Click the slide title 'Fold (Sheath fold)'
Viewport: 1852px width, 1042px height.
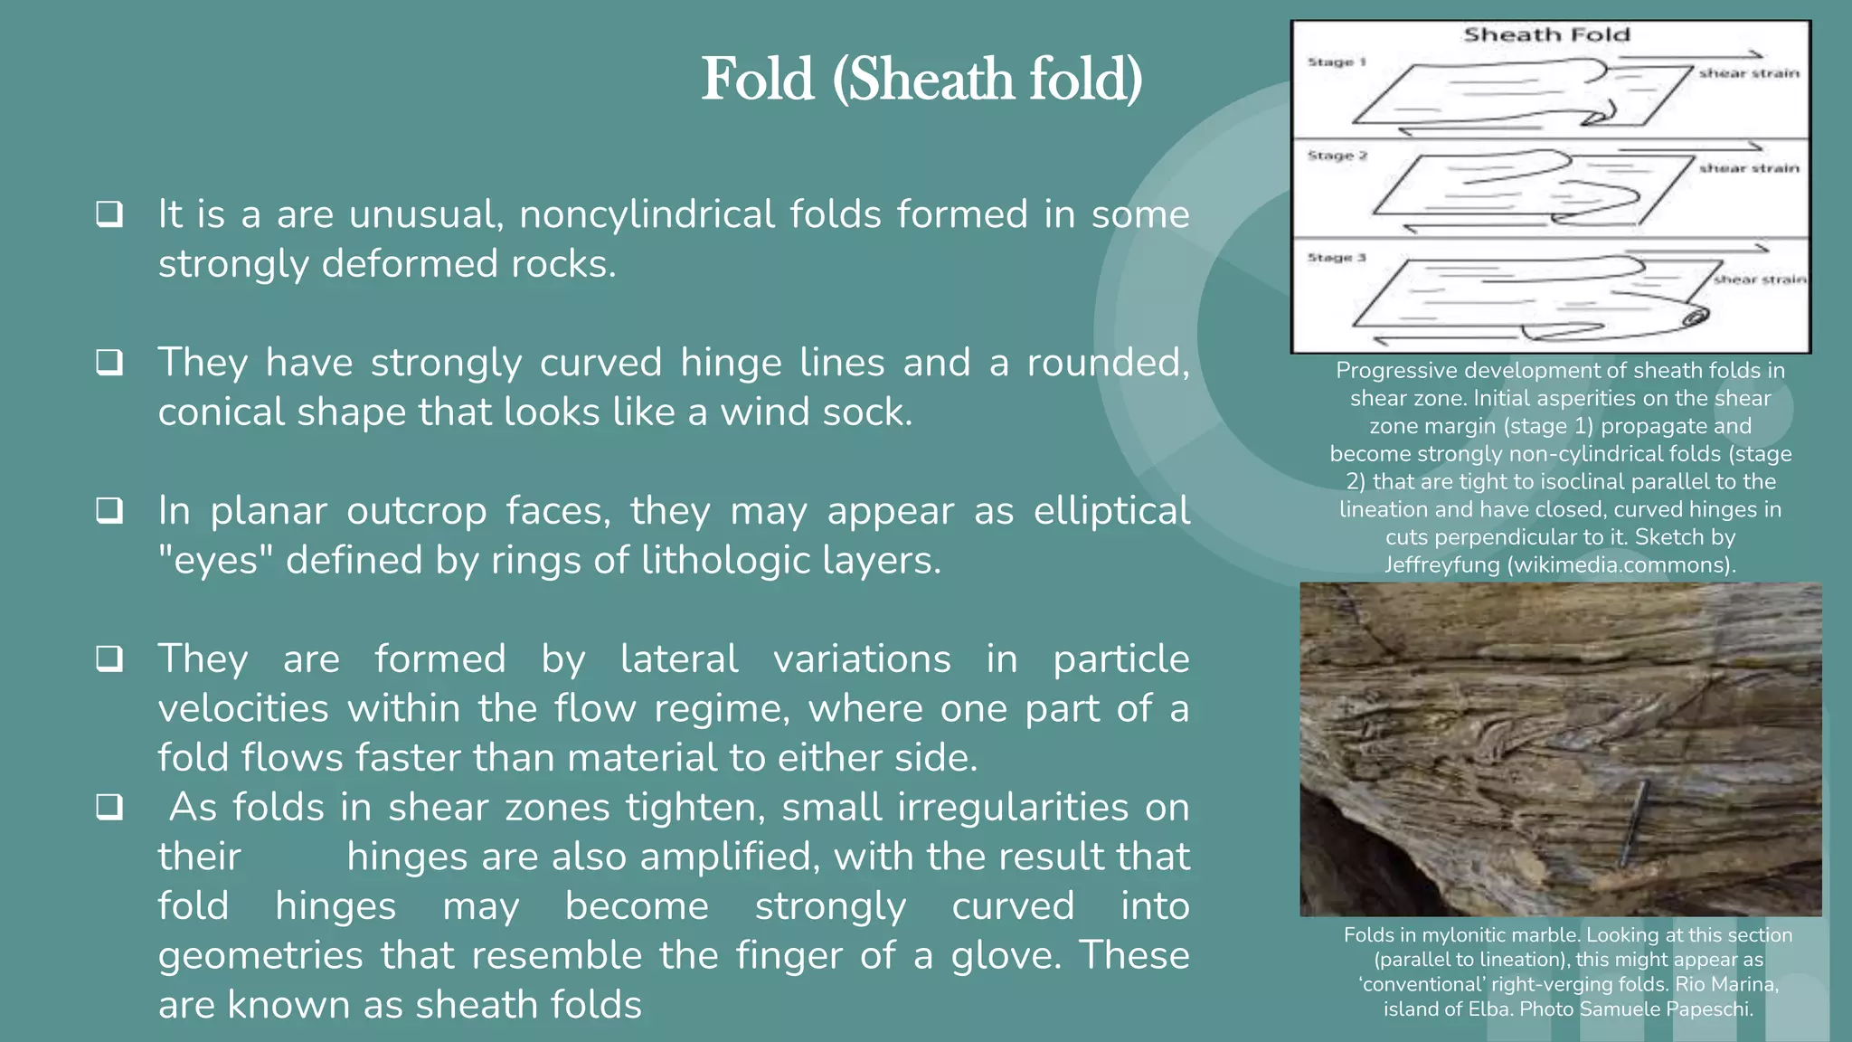tap(921, 80)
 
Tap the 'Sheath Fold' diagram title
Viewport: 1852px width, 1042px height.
tap(1546, 35)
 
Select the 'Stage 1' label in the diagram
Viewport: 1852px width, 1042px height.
tap(1336, 62)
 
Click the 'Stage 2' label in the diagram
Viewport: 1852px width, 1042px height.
tap(1337, 156)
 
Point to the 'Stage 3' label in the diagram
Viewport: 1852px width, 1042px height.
tap(1336, 258)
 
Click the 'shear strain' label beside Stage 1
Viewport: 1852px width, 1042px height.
tap(1748, 73)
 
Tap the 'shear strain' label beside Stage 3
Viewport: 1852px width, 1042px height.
tap(1759, 279)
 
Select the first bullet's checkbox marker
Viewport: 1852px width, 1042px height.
tap(109, 214)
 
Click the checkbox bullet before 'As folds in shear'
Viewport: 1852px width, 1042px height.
tap(109, 807)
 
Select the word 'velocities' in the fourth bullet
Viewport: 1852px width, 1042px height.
tap(242, 708)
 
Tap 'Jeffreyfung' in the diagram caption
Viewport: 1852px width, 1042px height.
tap(1441, 565)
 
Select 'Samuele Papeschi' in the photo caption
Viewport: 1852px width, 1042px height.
tap(1665, 1009)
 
